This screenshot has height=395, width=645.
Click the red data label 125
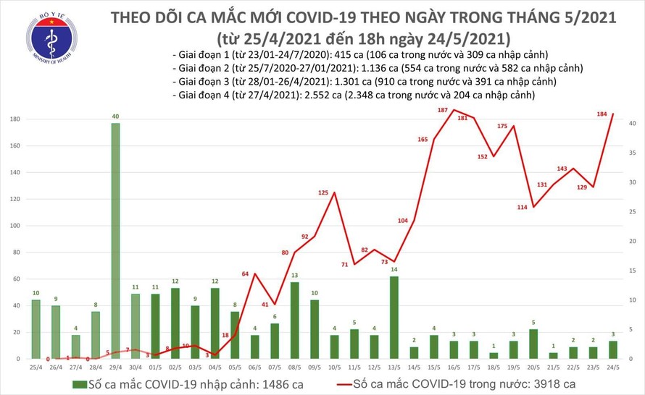click(324, 192)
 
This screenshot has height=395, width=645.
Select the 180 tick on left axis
click(14, 119)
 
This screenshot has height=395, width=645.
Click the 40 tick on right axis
click(633, 124)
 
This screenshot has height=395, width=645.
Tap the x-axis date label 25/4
click(36, 367)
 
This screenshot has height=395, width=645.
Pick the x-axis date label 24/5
click(613, 367)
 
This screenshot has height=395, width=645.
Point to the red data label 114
click(523, 208)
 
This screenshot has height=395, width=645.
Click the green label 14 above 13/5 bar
click(394, 270)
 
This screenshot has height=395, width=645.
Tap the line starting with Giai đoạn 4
click(354, 95)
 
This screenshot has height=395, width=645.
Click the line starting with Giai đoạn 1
click(359, 56)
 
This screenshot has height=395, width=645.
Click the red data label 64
click(245, 274)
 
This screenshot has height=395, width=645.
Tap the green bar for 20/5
click(533, 344)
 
